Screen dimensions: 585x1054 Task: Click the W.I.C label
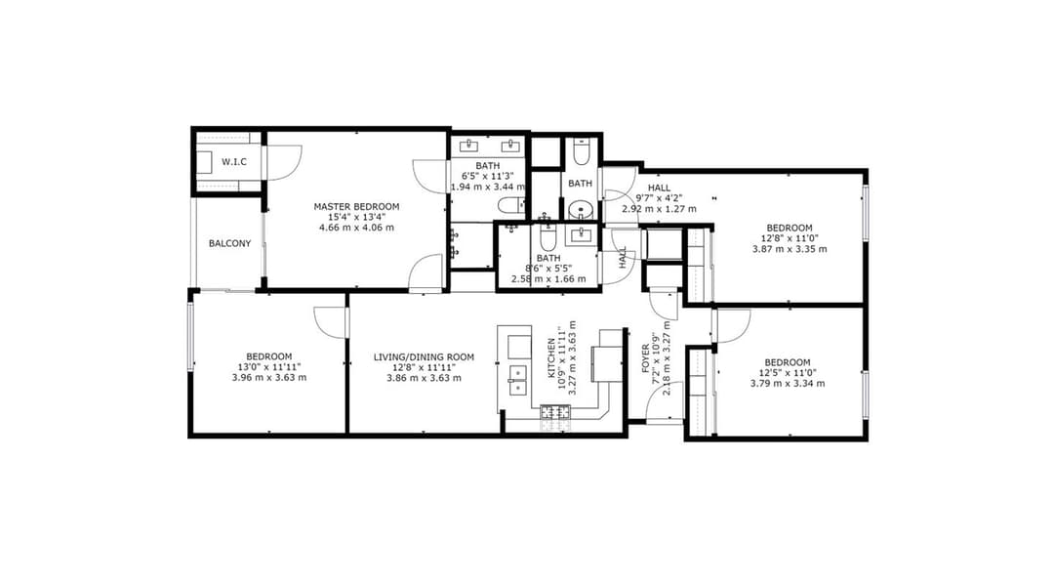(232, 161)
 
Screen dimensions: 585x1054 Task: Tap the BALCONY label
(230, 243)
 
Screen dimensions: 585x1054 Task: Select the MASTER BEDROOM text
(356, 206)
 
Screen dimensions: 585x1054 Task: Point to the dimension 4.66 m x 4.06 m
(356, 228)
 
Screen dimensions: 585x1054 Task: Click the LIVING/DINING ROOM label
(424, 356)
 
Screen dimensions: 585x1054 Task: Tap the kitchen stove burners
(555, 412)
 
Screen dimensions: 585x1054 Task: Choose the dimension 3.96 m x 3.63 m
(269, 377)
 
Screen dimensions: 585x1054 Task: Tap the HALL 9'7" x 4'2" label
(660, 197)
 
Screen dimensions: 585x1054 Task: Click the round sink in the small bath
(581, 209)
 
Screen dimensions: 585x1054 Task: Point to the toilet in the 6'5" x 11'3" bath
(508, 205)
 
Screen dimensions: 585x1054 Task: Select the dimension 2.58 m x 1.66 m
(547, 278)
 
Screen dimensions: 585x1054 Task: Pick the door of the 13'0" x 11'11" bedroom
(332, 321)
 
